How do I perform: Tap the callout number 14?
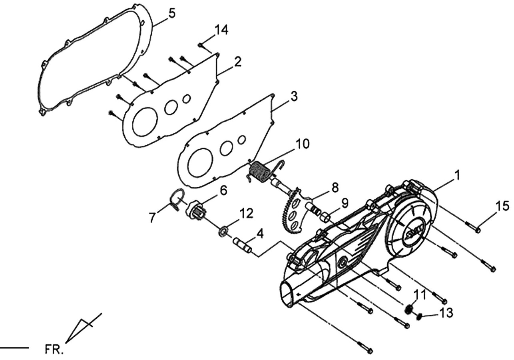(x=221, y=30)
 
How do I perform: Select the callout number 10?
(x=302, y=144)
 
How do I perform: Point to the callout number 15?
(x=502, y=206)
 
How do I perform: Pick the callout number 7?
(x=152, y=217)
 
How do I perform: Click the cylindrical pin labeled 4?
(x=243, y=245)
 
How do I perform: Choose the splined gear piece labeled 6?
(x=196, y=210)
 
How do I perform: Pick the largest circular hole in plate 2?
(x=145, y=121)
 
